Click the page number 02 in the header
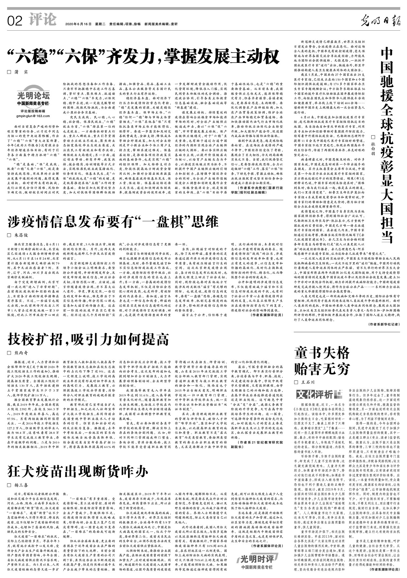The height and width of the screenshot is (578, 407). [x=15, y=21]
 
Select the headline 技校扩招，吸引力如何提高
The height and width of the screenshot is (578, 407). [x=88, y=339]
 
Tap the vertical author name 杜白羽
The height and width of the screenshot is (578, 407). [x=373, y=145]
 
